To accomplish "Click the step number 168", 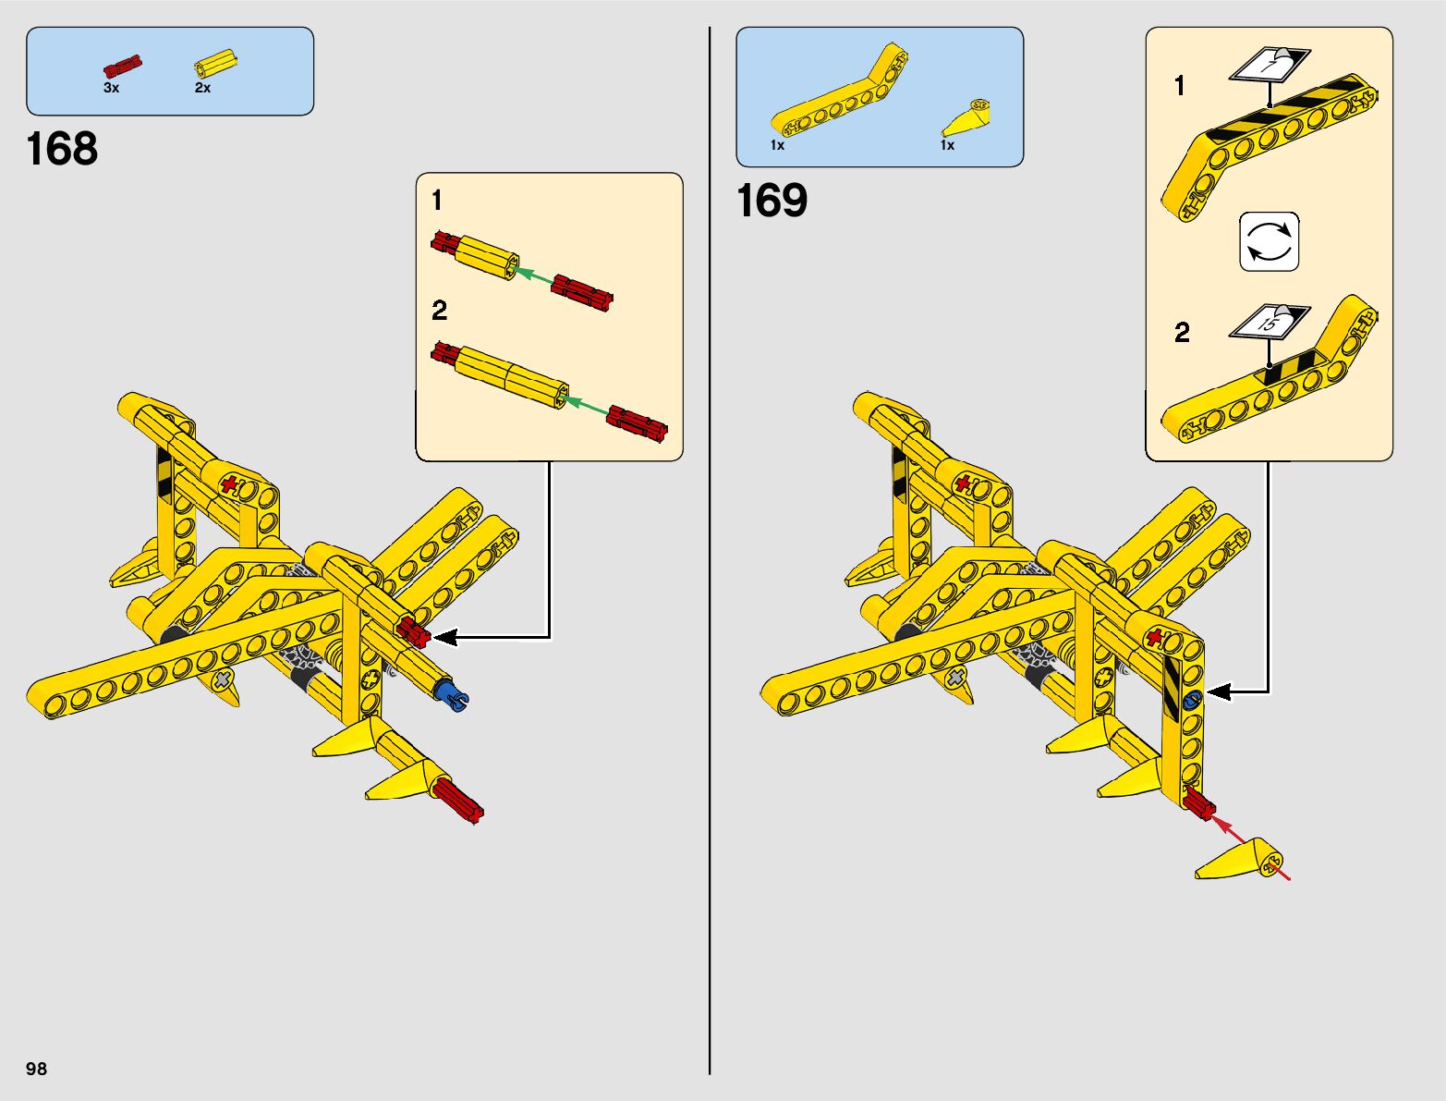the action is point(62,149).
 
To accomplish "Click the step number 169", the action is point(772,201).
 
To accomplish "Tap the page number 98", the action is point(36,1069).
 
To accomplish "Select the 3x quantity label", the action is point(111,88).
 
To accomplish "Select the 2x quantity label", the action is point(202,88).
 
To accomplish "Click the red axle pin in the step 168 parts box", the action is point(122,67).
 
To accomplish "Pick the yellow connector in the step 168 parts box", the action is point(214,65).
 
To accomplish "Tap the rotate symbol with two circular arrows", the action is point(1269,242).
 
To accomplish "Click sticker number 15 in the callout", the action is point(1269,321).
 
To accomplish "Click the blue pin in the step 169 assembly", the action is point(1192,700).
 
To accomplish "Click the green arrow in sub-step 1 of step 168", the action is point(534,275).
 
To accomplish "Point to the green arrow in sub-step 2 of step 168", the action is point(586,404).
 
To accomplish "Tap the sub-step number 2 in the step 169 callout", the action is point(1182,333).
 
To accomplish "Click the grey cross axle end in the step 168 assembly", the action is point(224,680).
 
